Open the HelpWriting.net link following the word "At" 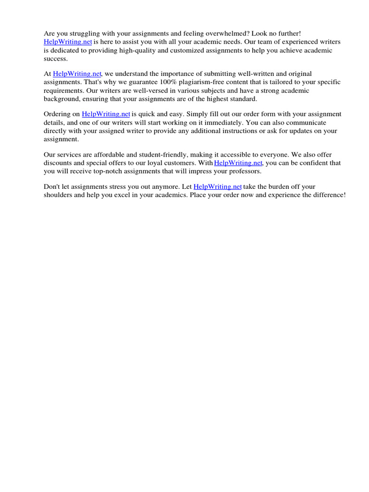(x=77, y=74)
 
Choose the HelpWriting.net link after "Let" (x=218, y=187)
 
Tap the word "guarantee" (x=126, y=82)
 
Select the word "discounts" (x=59, y=163)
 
